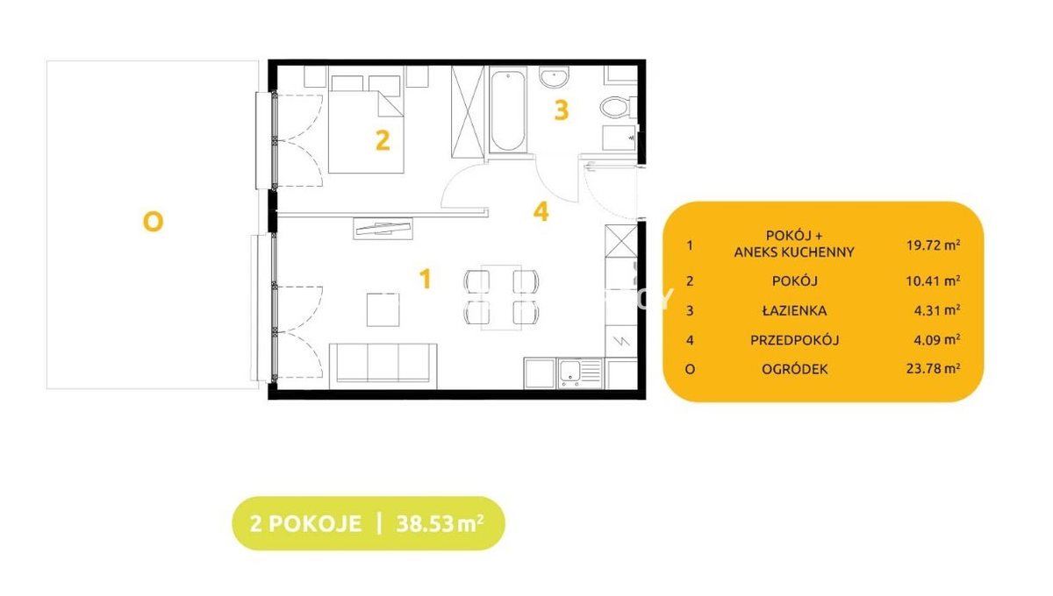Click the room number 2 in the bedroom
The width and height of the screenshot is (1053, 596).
point(383,140)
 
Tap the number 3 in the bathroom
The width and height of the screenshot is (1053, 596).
point(562,110)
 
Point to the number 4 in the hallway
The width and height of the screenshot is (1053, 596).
point(541,211)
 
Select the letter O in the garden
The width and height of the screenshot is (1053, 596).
point(153,221)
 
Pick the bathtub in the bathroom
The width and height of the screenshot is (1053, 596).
point(508,110)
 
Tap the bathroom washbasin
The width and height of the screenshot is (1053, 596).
point(554,76)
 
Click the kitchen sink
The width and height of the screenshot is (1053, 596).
point(581,372)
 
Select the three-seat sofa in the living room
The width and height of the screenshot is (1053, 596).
point(383,366)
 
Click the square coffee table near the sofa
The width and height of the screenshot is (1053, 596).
point(383,309)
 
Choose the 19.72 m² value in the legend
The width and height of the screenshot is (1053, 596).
point(933,245)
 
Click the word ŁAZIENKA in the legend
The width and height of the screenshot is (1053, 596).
point(794,310)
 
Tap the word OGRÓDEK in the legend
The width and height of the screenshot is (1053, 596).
point(794,369)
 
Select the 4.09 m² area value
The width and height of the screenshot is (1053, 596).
point(937,339)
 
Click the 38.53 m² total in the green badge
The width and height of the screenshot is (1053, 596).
point(440,523)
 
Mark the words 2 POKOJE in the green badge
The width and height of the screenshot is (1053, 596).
point(305,523)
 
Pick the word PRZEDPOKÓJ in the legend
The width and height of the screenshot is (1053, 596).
point(794,340)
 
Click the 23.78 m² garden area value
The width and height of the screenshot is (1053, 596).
point(933,369)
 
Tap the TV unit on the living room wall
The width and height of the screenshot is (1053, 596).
point(383,228)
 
